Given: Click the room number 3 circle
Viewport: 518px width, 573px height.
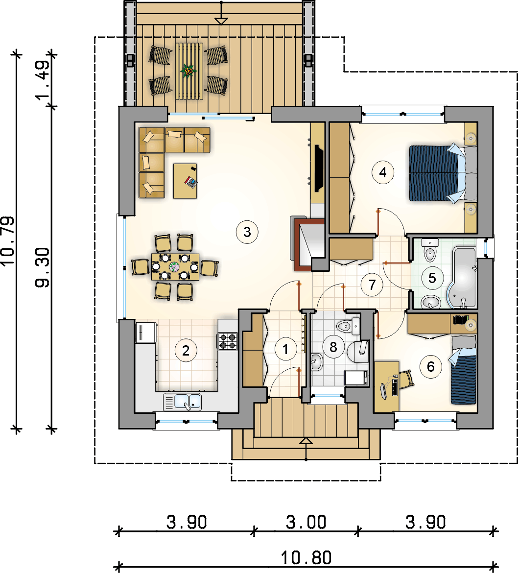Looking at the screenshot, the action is coord(247,232).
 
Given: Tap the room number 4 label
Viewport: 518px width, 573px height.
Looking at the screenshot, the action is coord(383,172).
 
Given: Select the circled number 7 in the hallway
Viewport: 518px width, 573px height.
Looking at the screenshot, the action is coord(372,285).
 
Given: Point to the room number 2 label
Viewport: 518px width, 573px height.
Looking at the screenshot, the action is coord(186,351).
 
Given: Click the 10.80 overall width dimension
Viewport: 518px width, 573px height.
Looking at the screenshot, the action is coord(306,558).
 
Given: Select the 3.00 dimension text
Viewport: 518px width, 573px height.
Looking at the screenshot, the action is coord(306,522).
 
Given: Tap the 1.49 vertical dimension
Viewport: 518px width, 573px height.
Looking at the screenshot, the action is coord(43,80).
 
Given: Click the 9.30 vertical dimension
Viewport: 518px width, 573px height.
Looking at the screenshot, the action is coord(43,267).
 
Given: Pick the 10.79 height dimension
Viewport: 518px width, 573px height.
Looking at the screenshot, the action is coord(8,240).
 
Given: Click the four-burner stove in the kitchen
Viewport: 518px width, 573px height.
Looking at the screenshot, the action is coord(228,341).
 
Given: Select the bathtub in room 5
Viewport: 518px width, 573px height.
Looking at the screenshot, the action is coord(461,277).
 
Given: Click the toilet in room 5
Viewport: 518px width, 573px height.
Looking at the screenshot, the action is coord(430,250).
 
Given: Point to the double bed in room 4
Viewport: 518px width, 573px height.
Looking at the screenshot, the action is coord(443,173).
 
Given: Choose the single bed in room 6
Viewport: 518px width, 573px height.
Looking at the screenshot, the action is coord(464,370).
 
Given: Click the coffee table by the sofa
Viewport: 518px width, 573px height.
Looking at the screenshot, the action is coord(185,181).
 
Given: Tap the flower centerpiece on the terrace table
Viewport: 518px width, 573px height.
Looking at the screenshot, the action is coord(188,71).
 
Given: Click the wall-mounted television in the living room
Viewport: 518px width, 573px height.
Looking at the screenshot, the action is coord(319,167).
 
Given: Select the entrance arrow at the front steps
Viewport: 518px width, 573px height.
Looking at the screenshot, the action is coord(306,441).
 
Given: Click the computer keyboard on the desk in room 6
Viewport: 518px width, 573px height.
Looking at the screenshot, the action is coord(395,387).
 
